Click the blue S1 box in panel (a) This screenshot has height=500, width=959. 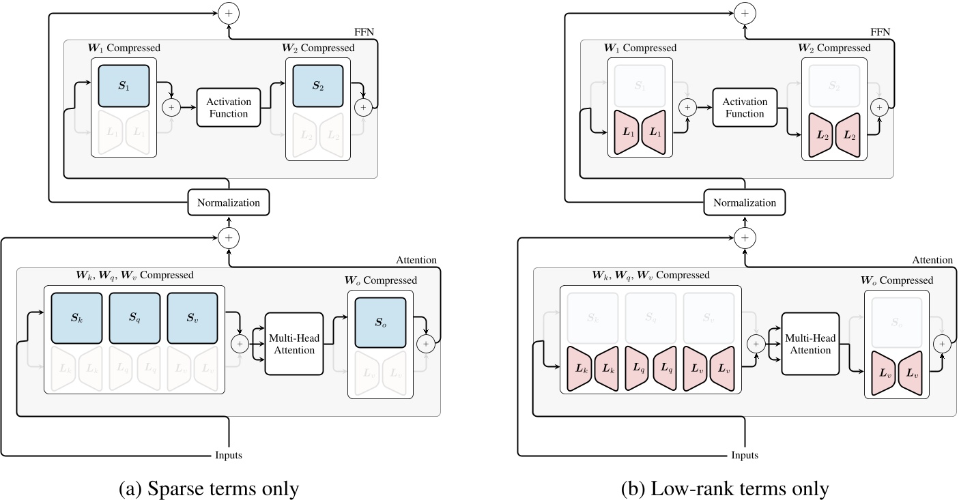pos(124,85)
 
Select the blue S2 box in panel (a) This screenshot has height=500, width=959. pos(317,85)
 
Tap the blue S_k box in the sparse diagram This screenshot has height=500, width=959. pos(76,317)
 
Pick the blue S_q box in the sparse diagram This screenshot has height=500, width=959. pos(134,317)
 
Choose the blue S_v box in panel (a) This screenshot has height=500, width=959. pos(192,317)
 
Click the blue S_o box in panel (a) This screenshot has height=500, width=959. pos(380,321)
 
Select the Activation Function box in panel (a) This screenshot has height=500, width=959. pos(229,108)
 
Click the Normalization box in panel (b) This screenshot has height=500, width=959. pos(745,203)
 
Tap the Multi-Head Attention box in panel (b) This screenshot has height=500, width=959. pos(809,344)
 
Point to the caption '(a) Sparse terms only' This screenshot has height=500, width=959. pos(208,488)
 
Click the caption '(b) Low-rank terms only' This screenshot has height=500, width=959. pos(724,488)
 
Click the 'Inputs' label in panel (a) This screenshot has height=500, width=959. pos(228,455)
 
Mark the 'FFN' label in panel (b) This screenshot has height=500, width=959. pos(881,31)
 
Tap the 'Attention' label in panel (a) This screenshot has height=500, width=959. pos(416,260)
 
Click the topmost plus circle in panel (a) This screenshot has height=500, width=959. pos(229,12)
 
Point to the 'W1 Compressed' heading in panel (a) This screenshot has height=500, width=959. pos(124,48)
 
